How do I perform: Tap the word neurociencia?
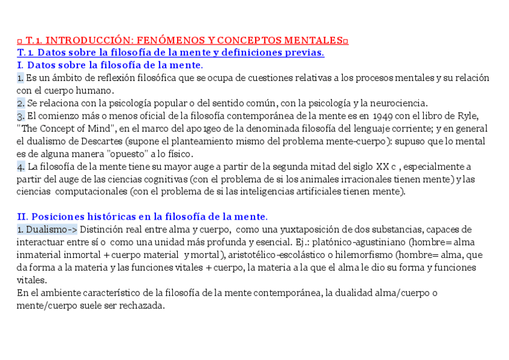tap(397, 103)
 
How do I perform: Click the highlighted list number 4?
tap(20, 166)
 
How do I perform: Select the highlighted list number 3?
tap(20, 116)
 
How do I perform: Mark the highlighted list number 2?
tap(20, 103)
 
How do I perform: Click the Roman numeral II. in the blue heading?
tap(22, 217)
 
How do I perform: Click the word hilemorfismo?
tap(366, 254)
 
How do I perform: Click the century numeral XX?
tap(382, 166)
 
